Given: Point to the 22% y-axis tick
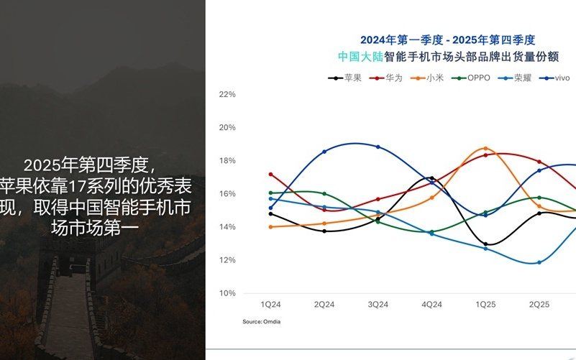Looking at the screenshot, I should click(x=227, y=94).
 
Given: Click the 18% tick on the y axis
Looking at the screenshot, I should click(x=227, y=160).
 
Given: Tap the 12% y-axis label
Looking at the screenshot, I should click(x=227, y=260).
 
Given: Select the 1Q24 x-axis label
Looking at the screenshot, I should click(x=271, y=305).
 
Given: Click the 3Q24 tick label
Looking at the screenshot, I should click(x=378, y=305).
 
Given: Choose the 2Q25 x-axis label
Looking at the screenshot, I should click(x=539, y=305).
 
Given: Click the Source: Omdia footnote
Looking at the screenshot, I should click(x=262, y=321).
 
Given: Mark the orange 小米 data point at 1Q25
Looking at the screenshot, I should click(x=485, y=149).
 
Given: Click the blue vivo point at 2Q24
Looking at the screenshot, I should click(x=324, y=152).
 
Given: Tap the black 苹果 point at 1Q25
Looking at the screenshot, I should click(x=485, y=244).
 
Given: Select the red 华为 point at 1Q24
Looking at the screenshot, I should click(x=271, y=174).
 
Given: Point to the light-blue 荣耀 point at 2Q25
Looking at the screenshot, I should click(x=539, y=262).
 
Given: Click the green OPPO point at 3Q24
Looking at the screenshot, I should click(x=378, y=221).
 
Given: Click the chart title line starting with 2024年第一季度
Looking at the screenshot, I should click(x=448, y=40).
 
